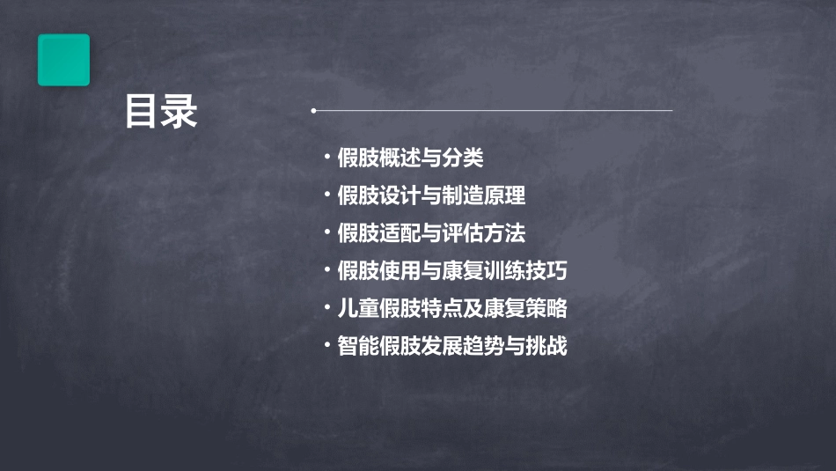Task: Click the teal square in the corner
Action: (x=63, y=60)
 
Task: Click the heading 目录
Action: (x=161, y=113)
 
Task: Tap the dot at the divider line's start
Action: (x=313, y=111)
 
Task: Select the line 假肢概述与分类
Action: (x=410, y=158)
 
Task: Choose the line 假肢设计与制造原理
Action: (x=431, y=196)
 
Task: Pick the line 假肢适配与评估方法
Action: (x=431, y=233)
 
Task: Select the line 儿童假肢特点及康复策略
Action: (x=451, y=309)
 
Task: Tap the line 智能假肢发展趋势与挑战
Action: (x=451, y=346)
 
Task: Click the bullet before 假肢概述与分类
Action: (x=327, y=158)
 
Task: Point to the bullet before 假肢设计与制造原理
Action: (x=327, y=196)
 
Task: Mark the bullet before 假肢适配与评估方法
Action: (x=327, y=233)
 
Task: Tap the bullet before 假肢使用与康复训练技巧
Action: (x=327, y=271)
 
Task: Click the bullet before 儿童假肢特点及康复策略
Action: (x=327, y=309)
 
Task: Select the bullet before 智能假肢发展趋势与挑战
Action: (x=327, y=346)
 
